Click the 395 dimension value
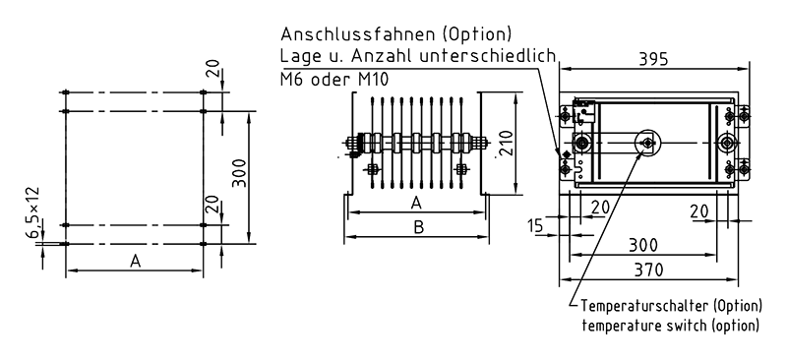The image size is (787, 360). pos(653,59)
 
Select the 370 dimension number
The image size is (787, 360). pos(648,270)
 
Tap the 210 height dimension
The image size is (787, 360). pos(506,143)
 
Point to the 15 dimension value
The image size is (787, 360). pos(536,226)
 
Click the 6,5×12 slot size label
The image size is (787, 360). pos(34,211)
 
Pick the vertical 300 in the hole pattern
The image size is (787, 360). pos(240,173)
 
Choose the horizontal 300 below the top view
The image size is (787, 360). pos(643,245)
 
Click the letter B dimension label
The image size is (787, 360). pos(419,227)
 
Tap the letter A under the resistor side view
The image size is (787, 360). pos(415,203)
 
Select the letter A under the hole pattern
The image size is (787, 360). pos(135,261)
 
